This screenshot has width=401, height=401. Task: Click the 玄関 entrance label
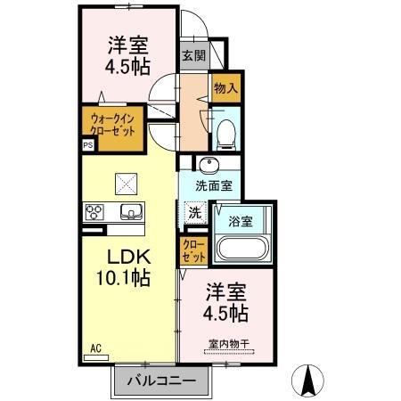[x=193, y=54]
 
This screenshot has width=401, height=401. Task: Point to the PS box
[x=87, y=143]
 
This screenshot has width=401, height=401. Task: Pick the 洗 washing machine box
[x=194, y=213]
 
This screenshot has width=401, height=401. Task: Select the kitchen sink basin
[x=129, y=212]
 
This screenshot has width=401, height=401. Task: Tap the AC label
[x=95, y=348]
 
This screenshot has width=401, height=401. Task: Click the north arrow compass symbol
[x=311, y=381]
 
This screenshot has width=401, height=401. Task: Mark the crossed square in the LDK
[x=125, y=183]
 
